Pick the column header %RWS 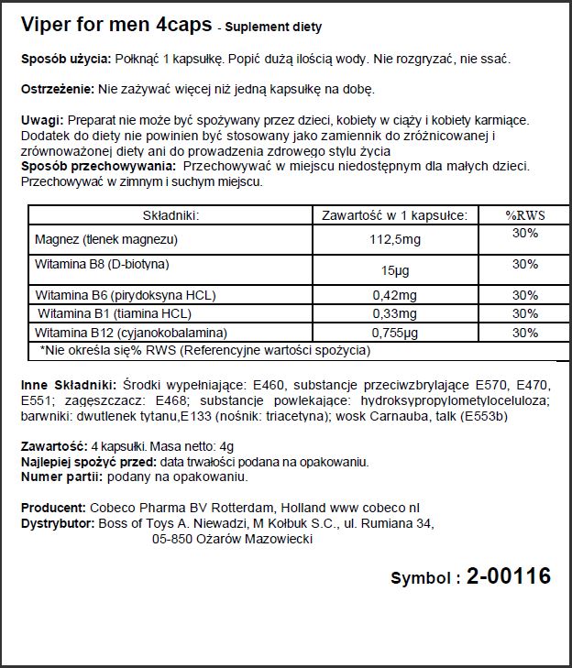click(525, 216)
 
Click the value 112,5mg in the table click(394, 239)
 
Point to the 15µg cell click(394, 270)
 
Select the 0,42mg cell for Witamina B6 click(394, 296)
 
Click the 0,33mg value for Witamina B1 click(394, 314)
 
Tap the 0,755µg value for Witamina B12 click(394, 332)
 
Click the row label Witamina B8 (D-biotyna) click(102, 264)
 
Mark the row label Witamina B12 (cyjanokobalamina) click(129, 332)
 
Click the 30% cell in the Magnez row click(525, 234)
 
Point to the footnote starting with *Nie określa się click(203, 350)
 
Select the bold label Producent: click(53, 508)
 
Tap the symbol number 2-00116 click(508, 576)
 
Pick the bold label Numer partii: click(61, 476)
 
